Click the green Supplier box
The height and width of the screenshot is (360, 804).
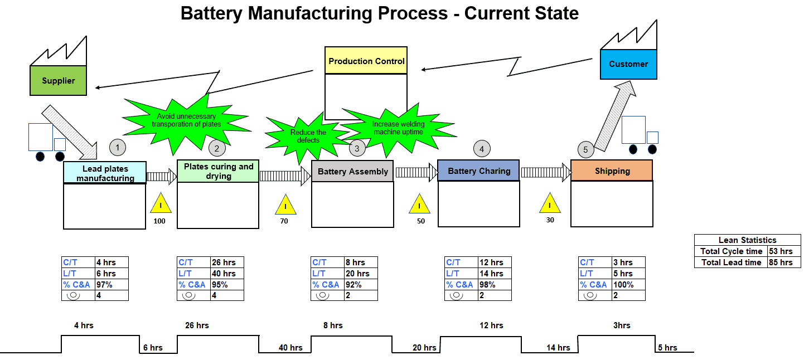click(x=58, y=81)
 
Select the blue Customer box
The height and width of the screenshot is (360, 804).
click(x=628, y=64)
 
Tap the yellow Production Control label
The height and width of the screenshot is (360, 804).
click(x=366, y=61)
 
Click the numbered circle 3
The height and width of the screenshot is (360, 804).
click(x=357, y=148)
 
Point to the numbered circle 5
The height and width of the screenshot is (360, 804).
click(x=585, y=149)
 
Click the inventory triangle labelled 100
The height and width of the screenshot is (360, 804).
click(x=161, y=204)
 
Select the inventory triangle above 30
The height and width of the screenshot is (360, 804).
click(x=550, y=204)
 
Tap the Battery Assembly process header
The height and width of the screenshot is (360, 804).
click(x=352, y=172)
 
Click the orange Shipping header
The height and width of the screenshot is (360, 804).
click(x=612, y=171)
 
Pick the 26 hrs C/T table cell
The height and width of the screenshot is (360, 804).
click(x=227, y=262)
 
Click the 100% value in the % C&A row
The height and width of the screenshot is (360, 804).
click(x=628, y=285)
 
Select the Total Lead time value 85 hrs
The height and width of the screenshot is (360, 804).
click(x=783, y=262)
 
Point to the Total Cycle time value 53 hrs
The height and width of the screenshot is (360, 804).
click(x=783, y=251)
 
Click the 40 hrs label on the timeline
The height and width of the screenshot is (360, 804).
click(x=290, y=348)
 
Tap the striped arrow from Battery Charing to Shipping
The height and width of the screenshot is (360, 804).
click(x=545, y=173)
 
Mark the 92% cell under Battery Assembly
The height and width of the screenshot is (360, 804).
click(x=361, y=285)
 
